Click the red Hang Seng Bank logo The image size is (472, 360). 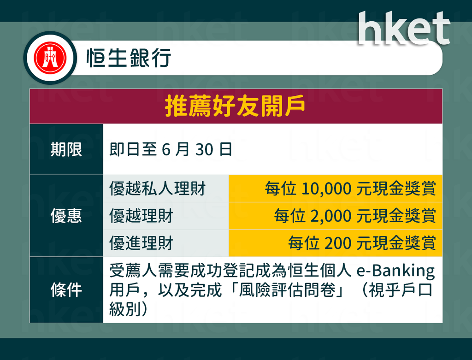tap(50, 58)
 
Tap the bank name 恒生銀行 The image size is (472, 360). tap(129, 58)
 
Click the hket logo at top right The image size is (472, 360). tap(404, 28)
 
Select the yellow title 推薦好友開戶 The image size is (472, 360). tap(235, 106)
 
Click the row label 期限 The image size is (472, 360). tap(66, 149)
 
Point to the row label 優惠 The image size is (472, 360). tap(66, 216)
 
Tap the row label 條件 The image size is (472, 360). tap(66, 290)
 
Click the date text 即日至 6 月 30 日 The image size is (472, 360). tap(171, 149)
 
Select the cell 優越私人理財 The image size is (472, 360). tap(158, 189)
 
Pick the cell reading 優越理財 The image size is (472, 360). tap(141, 216)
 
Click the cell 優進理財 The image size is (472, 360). tap(141, 243)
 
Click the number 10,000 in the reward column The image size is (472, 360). tap(326, 189)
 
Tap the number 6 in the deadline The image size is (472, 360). tap(166, 150)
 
